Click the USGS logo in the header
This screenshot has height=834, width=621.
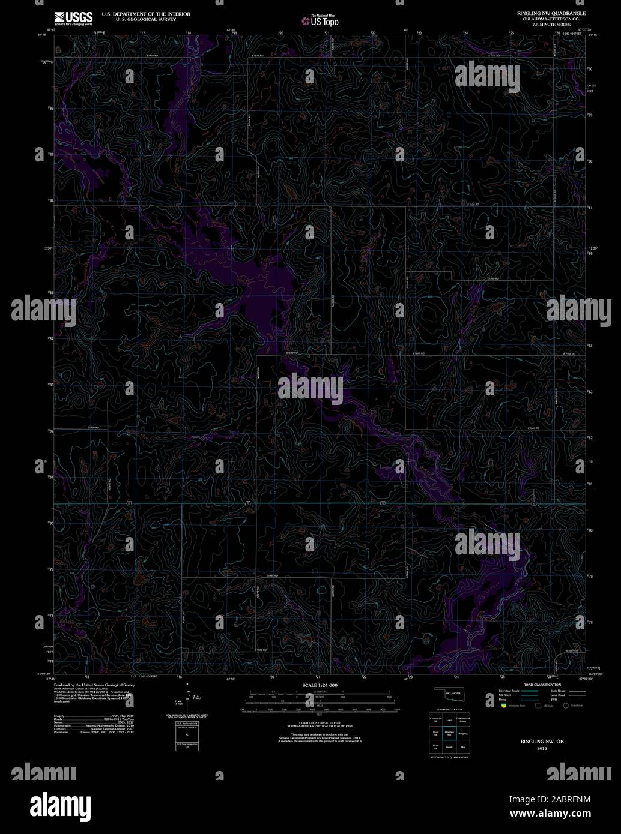pyautogui.click(x=73, y=18)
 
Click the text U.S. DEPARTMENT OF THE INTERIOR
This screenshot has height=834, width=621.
pyautogui.click(x=146, y=13)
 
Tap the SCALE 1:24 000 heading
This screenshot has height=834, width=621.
pyautogui.click(x=320, y=685)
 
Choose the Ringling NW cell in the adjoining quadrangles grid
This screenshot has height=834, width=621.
pyautogui.click(x=449, y=733)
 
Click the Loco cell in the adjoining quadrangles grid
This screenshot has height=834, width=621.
pyautogui.click(x=449, y=719)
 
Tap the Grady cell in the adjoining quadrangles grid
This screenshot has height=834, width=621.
pyautogui.click(x=449, y=747)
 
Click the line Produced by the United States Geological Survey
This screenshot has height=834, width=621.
pyautogui.click(x=94, y=684)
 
